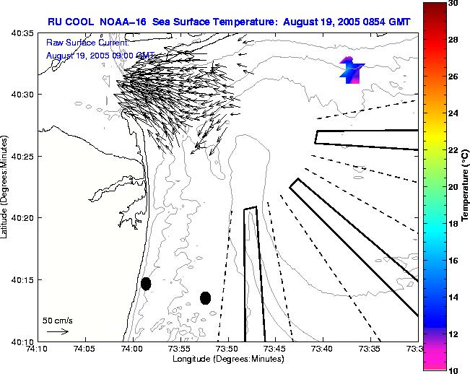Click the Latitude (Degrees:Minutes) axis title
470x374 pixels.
[x=6, y=187]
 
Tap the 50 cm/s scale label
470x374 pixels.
[x=57, y=320]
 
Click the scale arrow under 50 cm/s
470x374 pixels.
[x=57, y=331]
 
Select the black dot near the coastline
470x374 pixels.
[x=146, y=284]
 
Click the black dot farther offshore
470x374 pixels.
[x=205, y=297]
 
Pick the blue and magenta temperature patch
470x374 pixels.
[x=352, y=70]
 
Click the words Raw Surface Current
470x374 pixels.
[x=86, y=43]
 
